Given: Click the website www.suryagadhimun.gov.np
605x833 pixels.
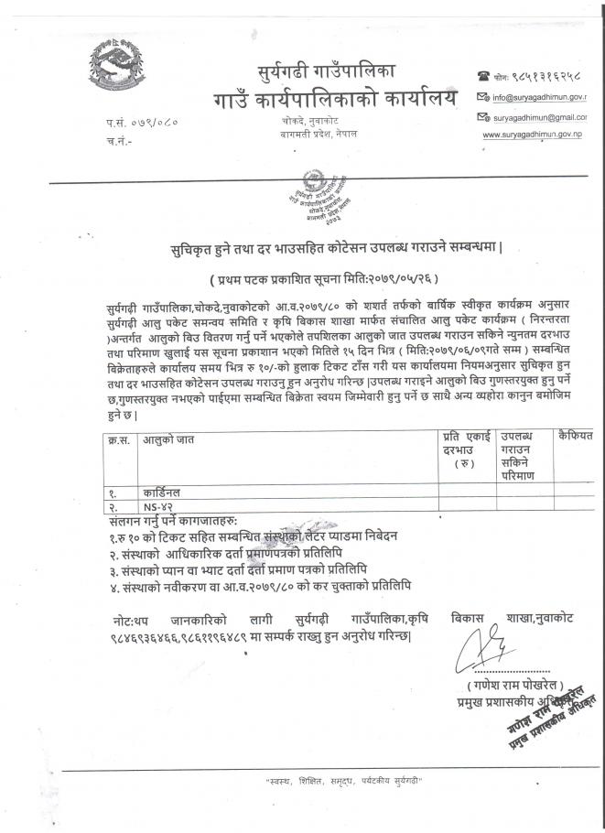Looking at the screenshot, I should pos(535,135).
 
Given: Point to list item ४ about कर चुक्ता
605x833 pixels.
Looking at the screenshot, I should pos(258,583).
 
